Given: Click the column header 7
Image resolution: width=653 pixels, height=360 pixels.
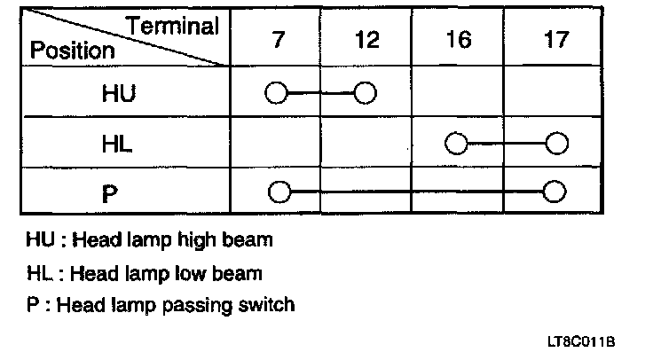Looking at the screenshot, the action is pos(279,41).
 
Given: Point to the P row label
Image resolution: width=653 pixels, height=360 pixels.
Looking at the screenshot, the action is pos(110,192).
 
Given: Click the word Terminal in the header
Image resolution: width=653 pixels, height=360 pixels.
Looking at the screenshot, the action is pos(174,26).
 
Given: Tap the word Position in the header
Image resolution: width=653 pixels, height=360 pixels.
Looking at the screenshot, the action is pos(72,50).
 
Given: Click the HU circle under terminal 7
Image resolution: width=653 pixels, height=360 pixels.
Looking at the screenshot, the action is pos(276,92).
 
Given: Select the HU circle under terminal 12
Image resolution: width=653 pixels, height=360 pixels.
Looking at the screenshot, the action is pos(365,92).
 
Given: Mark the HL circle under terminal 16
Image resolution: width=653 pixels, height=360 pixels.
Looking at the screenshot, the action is pos(456,142).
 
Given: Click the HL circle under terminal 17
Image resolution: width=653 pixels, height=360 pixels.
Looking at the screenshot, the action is pos(556,142).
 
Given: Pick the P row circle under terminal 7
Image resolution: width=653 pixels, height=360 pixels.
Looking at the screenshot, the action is pos(279,191).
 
